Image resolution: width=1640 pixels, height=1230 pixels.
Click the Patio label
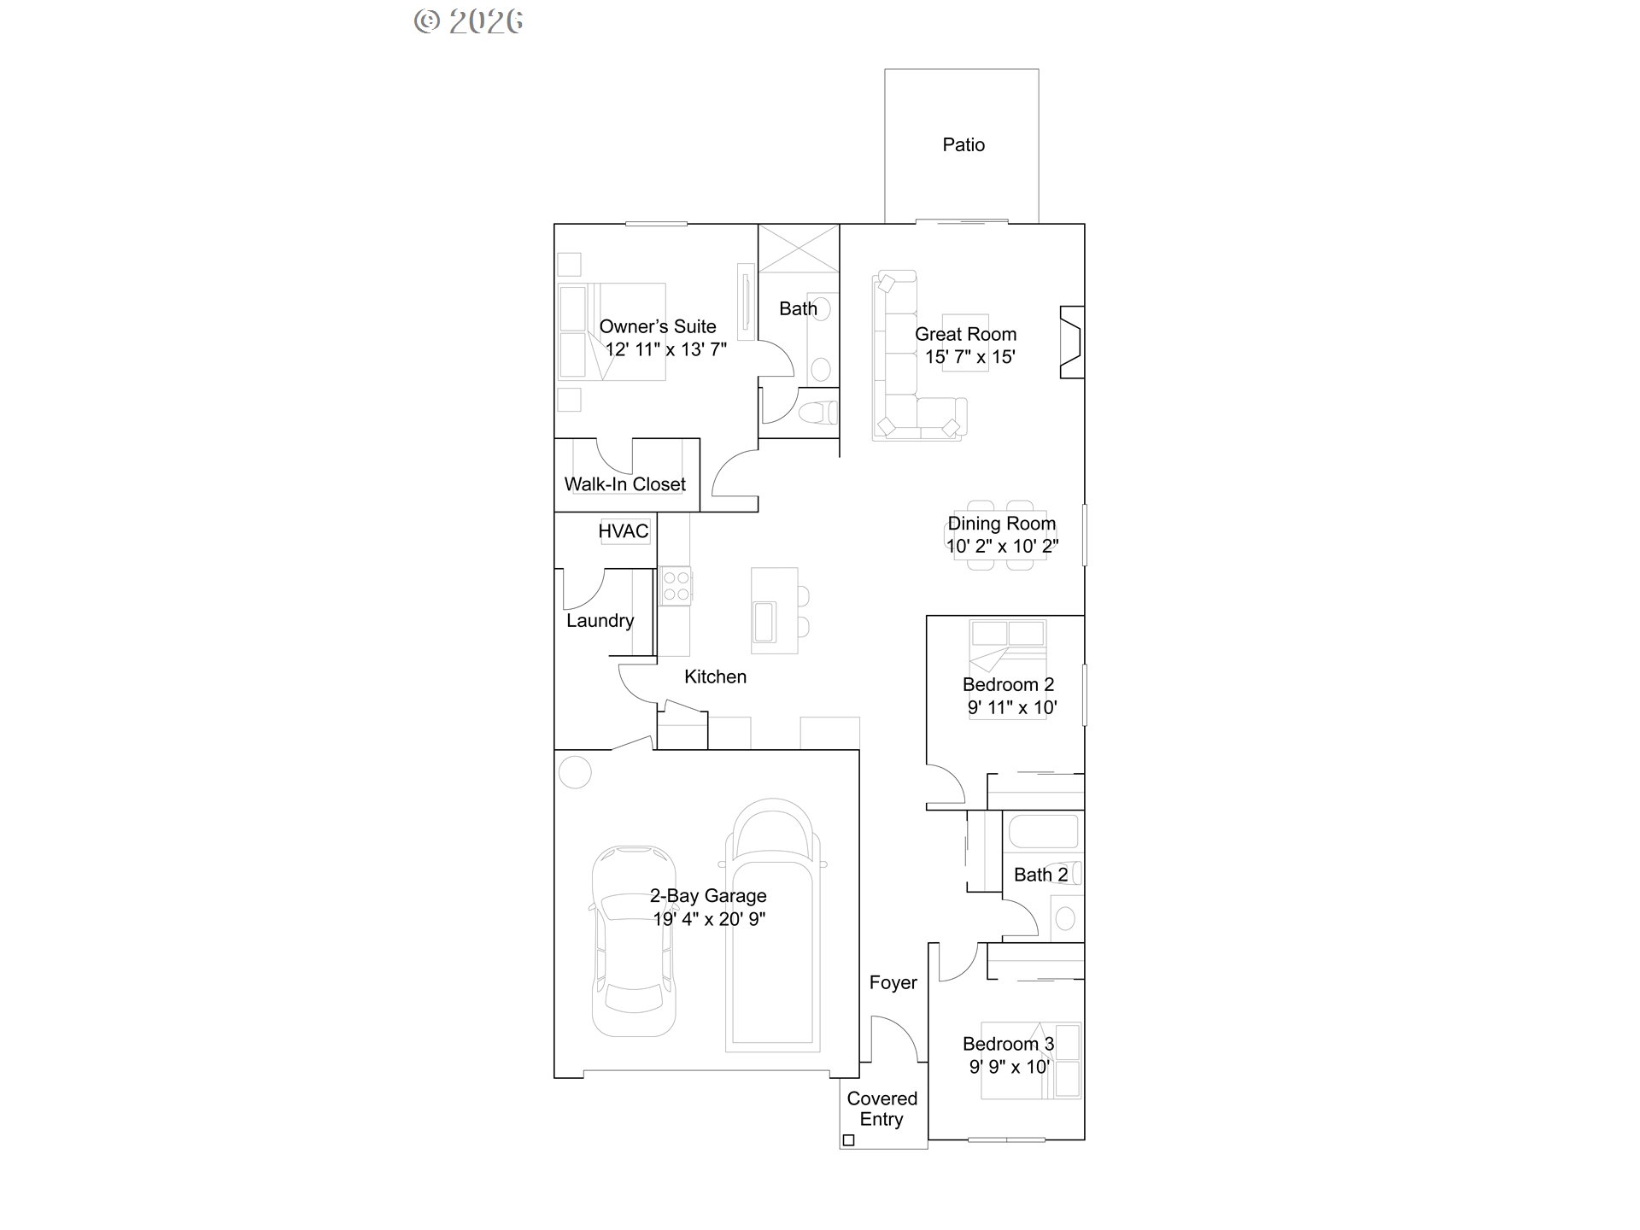963,145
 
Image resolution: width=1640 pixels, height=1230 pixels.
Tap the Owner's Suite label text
658,326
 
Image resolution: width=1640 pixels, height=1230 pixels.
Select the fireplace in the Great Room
1072,342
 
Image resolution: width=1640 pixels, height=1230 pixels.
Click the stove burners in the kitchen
676,586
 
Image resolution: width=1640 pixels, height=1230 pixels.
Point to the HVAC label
624,531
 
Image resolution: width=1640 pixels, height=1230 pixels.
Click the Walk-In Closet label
624,484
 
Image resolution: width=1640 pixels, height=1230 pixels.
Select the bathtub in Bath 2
1043,832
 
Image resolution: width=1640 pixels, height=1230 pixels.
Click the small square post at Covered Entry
848,1139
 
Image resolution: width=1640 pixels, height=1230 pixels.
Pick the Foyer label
893,982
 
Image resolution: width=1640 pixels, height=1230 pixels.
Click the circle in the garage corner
575,772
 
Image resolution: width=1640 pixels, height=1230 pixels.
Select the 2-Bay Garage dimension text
709,919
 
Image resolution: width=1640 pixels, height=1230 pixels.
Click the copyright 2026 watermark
469,21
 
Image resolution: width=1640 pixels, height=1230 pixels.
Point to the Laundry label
600,621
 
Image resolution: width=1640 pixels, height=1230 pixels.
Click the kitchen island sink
764,621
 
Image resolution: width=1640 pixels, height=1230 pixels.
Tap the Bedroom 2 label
1008,684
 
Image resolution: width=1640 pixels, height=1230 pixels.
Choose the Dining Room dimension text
1002,547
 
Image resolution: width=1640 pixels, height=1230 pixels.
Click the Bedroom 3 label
1008,1044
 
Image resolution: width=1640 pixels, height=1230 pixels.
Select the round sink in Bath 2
1065,918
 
